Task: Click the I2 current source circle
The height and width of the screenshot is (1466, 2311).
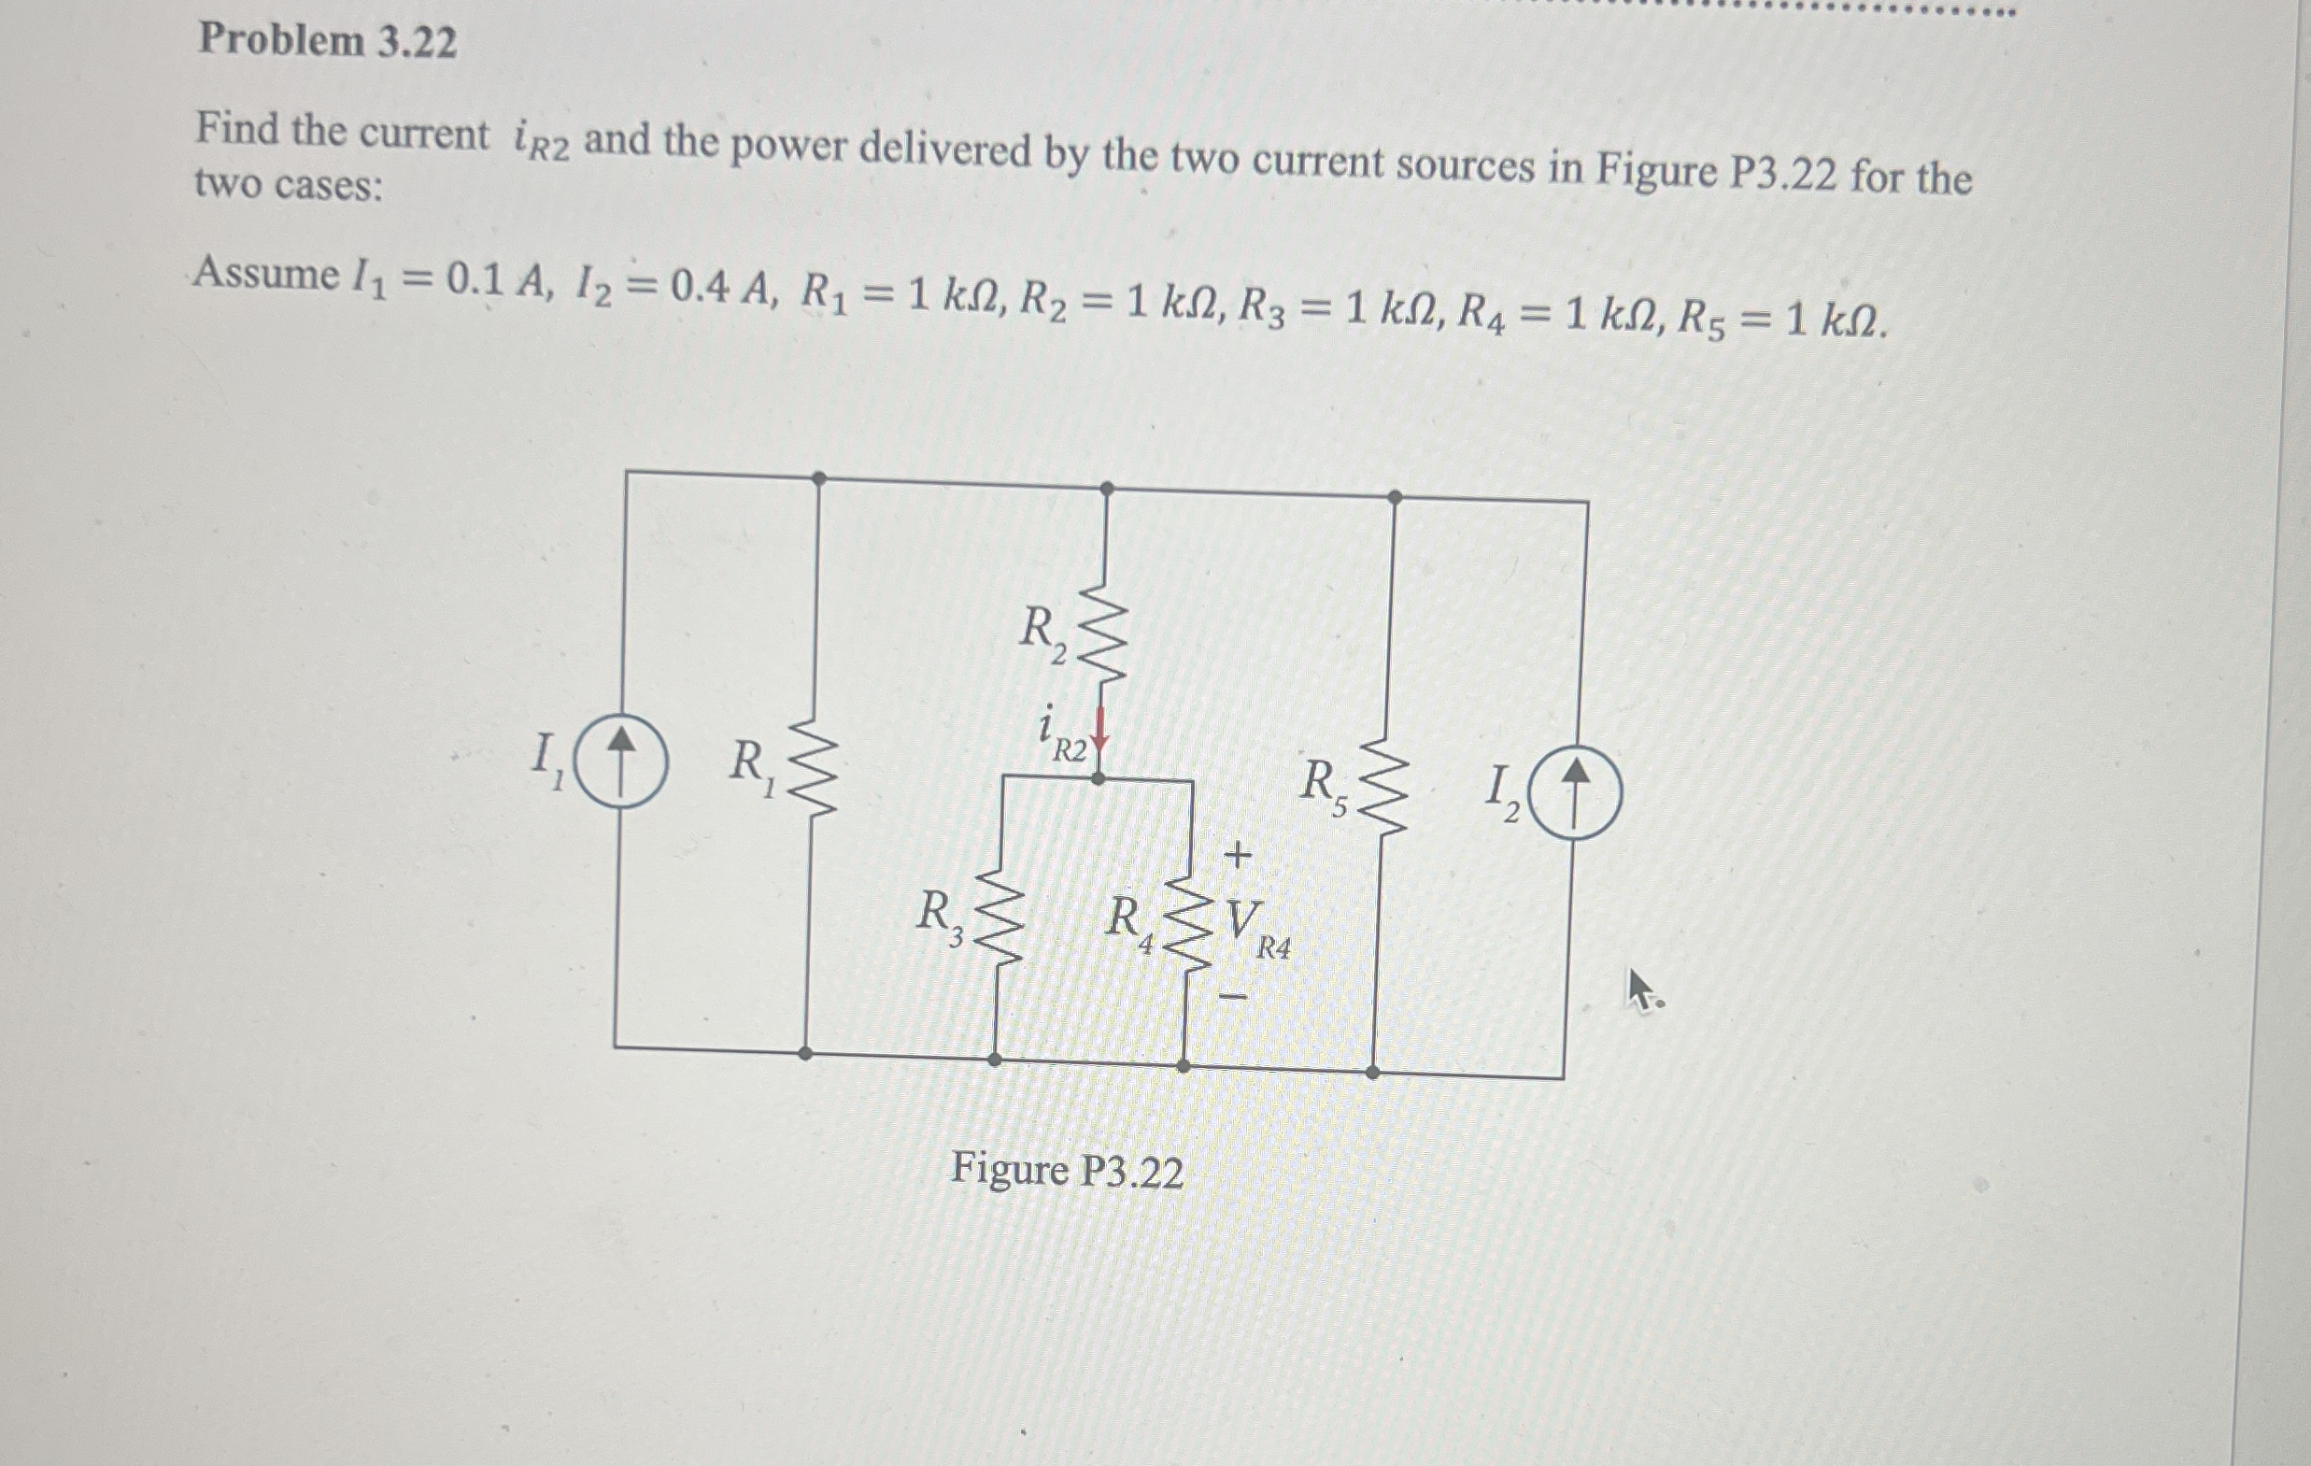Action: click(x=1574, y=796)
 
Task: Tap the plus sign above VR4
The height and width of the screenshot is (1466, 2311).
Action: click(x=1239, y=854)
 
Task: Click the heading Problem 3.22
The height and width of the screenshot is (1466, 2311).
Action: click(x=327, y=40)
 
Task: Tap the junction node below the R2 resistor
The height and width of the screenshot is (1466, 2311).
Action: click(x=1099, y=778)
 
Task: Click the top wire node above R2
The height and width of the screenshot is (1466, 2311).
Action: click(x=1107, y=489)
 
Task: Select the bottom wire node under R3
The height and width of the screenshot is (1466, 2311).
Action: click(x=995, y=1060)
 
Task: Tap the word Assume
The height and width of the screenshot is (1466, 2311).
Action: click(x=266, y=275)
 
